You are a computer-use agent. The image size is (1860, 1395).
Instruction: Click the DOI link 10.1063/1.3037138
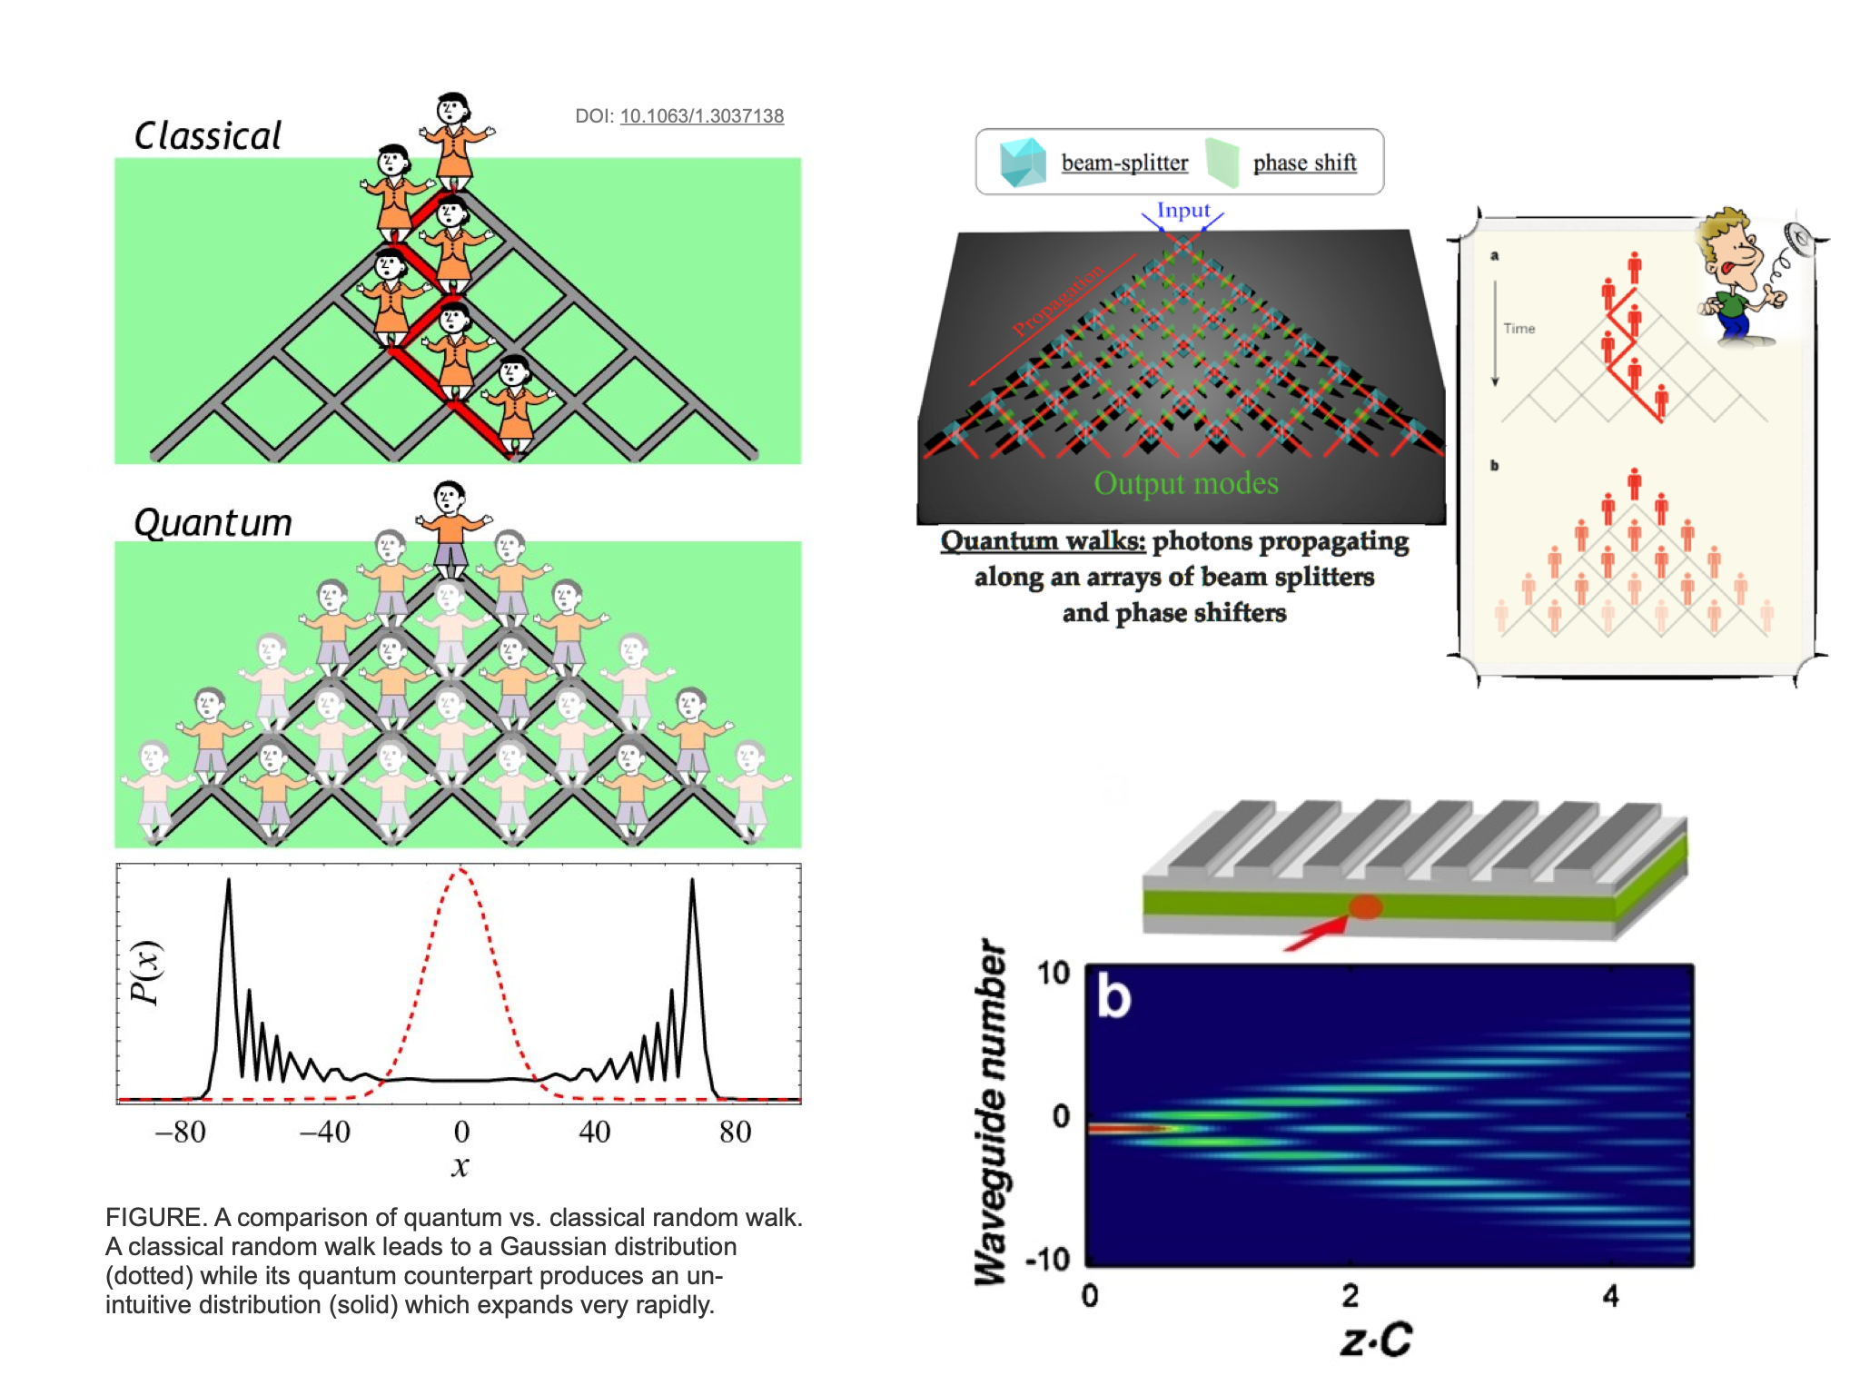(701, 116)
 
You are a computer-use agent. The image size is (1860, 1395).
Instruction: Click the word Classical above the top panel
(208, 136)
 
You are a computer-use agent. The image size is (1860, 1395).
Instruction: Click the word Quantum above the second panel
(213, 523)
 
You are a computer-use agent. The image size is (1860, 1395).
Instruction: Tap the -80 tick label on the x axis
(180, 1132)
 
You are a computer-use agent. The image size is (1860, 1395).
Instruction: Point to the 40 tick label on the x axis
(594, 1132)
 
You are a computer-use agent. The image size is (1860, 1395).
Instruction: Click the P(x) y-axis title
(146, 972)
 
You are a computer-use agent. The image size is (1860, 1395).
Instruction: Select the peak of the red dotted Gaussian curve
(460, 870)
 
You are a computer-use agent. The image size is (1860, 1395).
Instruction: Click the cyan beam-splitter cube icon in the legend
(1023, 163)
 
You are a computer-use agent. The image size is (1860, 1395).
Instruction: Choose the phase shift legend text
(1304, 163)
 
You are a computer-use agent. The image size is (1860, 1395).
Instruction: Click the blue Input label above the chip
(1182, 211)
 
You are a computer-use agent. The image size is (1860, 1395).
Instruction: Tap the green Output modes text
(1185, 483)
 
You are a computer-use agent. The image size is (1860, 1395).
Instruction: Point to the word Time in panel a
(1519, 329)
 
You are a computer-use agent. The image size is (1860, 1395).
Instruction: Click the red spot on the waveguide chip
(1365, 906)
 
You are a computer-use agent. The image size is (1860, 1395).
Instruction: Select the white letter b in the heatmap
(1113, 996)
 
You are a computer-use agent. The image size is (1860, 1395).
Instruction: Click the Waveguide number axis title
(990, 1113)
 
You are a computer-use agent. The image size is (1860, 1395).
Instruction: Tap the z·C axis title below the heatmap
(1376, 1340)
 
